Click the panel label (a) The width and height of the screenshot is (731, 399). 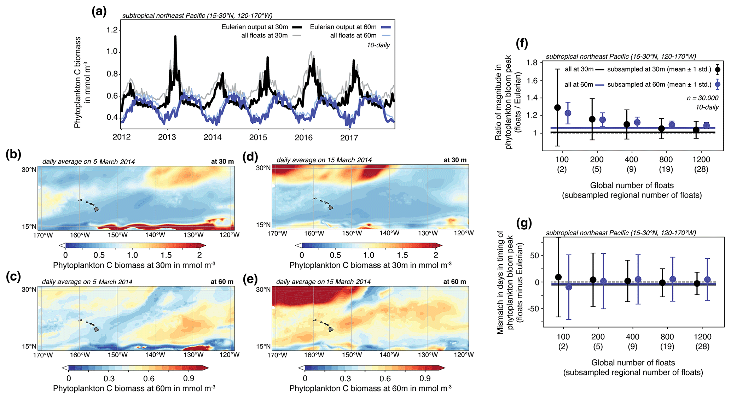pyautogui.click(x=99, y=12)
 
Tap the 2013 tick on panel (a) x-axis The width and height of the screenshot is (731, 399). pyautogui.click(x=167, y=137)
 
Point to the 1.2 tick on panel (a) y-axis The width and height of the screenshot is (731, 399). pyautogui.click(x=112, y=30)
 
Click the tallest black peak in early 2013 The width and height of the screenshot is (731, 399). pyautogui.click(x=175, y=36)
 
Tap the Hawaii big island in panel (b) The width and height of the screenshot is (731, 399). pyautogui.click(x=97, y=209)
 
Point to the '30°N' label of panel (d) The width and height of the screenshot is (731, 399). pyautogui.click(x=263, y=168)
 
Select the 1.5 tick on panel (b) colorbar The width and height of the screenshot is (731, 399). pyautogui.click(x=166, y=255)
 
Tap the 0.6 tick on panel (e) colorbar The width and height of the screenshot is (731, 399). pyautogui.click(x=385, y=379)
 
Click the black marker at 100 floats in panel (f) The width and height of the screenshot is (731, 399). pyautogui.click(x=558, y=107)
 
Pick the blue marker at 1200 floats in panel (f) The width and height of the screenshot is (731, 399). pyautogui.click(x=706, y=125)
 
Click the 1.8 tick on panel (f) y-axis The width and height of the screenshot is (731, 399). pyautogui.click(x=532, y=63)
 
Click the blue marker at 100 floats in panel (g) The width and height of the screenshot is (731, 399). pyautogui.click(x=568, y=287)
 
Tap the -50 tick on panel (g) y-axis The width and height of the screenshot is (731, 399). pyautogui.click(x=534, y=309)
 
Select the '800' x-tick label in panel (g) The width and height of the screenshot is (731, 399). pyautogui.click(x=667, y=337)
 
